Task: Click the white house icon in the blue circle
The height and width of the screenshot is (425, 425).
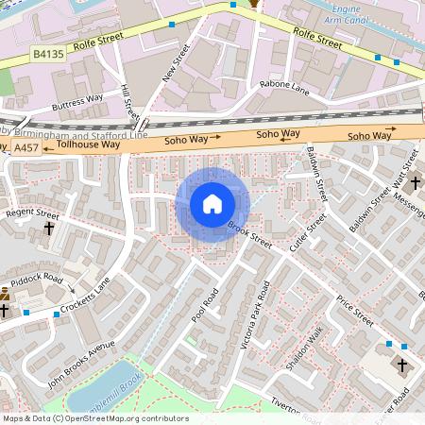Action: [x=212, y=204]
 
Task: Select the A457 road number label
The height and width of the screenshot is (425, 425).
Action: [x=25, y=147]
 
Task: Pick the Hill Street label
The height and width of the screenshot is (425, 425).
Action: [x=129, y=102]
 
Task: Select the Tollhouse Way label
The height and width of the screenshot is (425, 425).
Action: [x=89, y=145]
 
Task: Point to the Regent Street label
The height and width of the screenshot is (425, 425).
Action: [x=32, y=213]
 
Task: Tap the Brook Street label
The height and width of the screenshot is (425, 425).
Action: [x=250, y=235]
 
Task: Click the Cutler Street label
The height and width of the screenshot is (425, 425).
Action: [x=308, y=231]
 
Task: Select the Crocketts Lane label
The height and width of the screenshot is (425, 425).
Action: [x=87, y=295]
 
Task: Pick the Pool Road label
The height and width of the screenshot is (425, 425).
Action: [x=205, y=305]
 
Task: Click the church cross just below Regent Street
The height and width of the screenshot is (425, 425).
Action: [x=49, y=229]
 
